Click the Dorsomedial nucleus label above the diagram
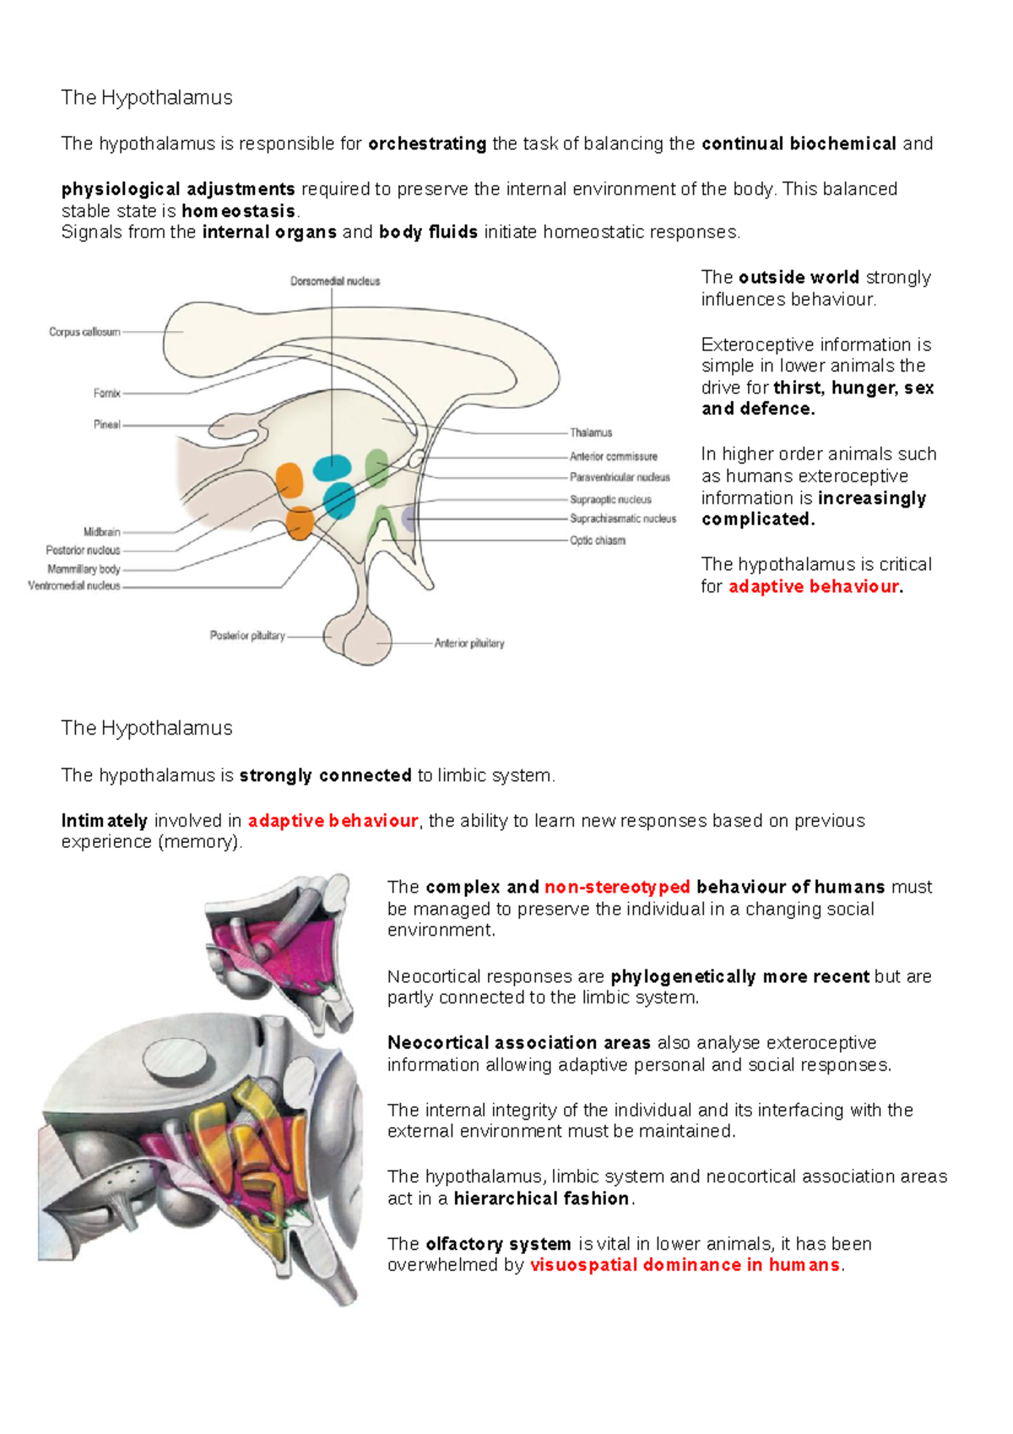pos(335,281)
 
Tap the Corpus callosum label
pos(84,332)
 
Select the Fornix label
pos(107,394)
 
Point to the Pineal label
pos(107,425)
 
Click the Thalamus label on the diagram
pos(591,433)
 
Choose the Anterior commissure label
pos(613,457)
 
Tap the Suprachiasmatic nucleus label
pos(623,519)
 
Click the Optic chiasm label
pos(598,540)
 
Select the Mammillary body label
pos(84,569)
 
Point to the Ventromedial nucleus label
pos(74,586)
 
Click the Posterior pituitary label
pos(247,636)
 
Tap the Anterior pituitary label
pos(469,644)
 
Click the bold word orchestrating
pos(427,144)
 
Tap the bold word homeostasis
pos(238,211)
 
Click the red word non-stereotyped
pos(617,887)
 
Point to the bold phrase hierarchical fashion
pos(541,1198)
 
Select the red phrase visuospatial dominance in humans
pos(685,1265)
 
